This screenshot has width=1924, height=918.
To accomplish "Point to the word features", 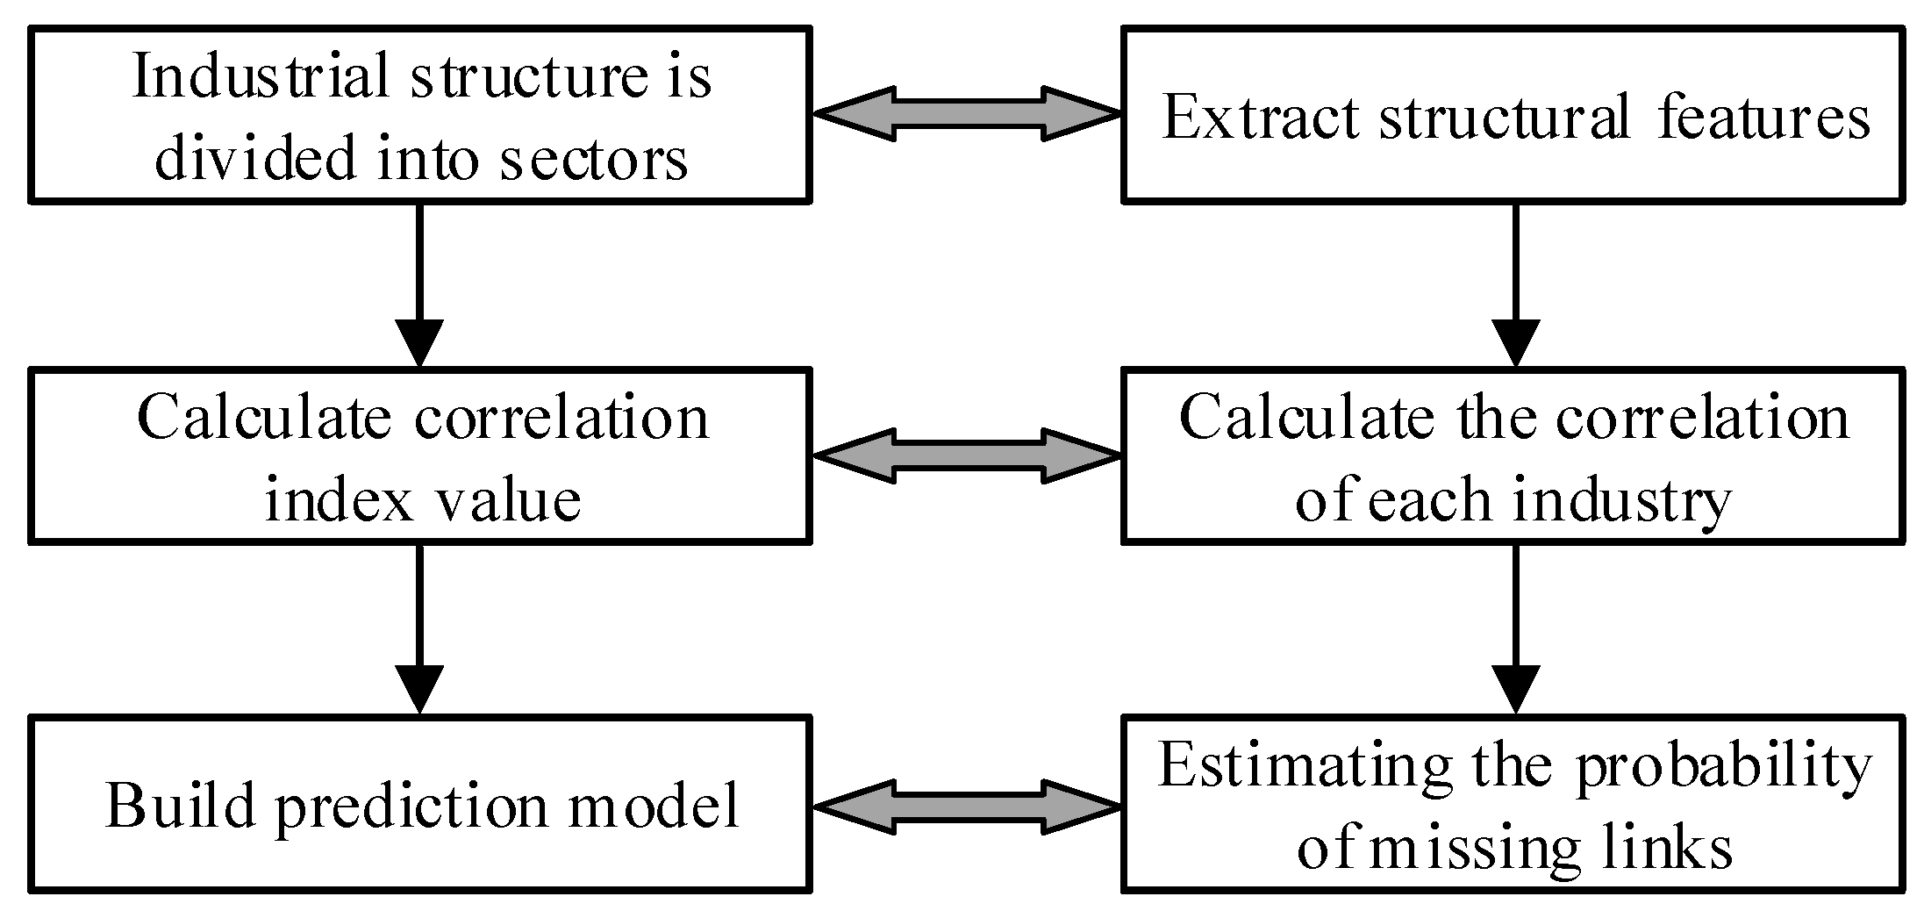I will [1764, 118].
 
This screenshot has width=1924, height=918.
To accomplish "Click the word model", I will [654, 806].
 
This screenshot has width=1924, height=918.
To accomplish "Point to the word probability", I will [1723, 765].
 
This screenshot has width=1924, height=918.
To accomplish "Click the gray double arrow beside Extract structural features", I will [967, 113].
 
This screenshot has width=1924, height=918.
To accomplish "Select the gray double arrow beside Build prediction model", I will [967, 806].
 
